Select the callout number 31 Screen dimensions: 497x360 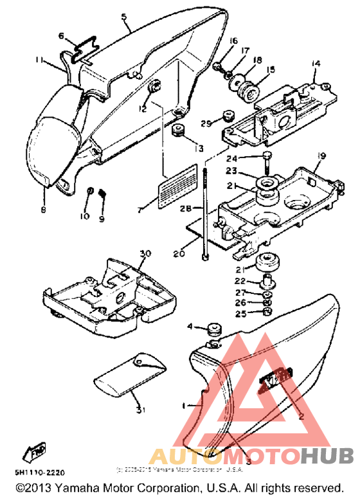click(140, 410)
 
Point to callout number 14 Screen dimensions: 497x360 click(315, 63)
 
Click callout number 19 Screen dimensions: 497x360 click(321, 156)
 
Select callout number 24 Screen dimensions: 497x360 click(249, 159)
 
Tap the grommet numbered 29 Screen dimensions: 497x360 click(226, 116)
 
